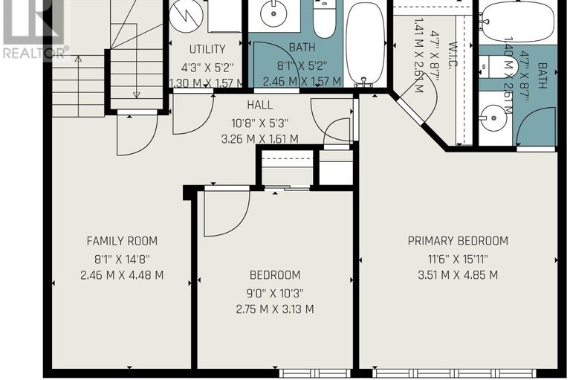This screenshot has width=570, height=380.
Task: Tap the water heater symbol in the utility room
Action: [x=184, y=16]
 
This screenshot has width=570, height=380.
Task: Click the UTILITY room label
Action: [x=207, y=50]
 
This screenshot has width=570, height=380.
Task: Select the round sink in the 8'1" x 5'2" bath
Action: [x=273, y=13]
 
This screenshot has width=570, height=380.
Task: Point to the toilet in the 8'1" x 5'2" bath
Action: [x=324, y=20]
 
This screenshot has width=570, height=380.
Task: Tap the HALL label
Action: [x=260, y=106]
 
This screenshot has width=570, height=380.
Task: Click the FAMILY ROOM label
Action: [x=122, y=241]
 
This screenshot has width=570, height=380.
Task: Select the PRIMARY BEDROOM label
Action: [x=458, y=241]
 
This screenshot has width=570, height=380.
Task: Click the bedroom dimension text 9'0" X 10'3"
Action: [x=274, y=292]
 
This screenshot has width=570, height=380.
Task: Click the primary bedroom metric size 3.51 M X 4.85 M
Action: [x=458, y=274]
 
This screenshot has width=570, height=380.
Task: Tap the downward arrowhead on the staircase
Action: [x=137, y=94]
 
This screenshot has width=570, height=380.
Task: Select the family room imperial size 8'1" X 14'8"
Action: [x=122, y=258]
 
